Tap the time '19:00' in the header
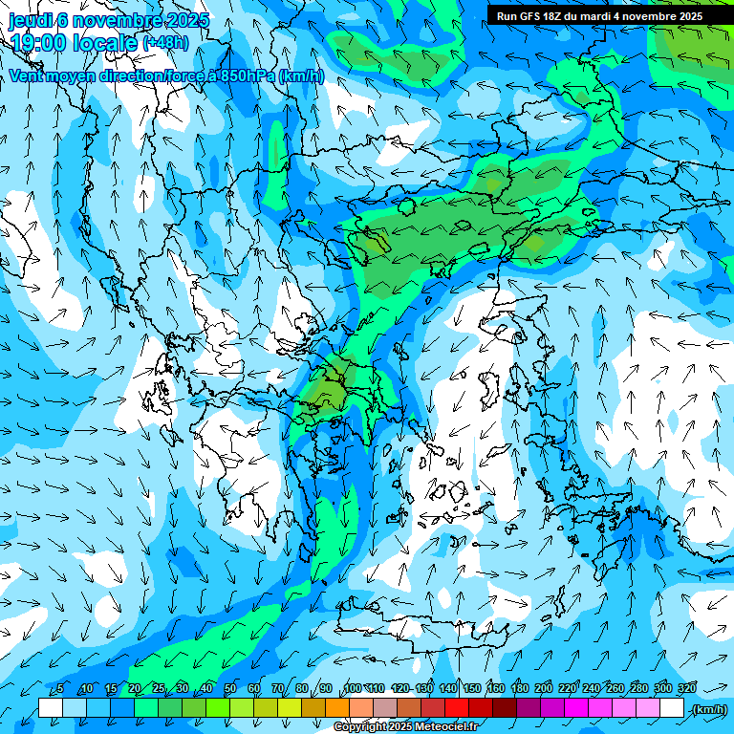pyautogui.click(x=38, y=42)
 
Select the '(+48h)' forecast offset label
pyautogui.click(x=165, y=42)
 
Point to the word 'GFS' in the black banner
pyautogui.click(x=532, y=16)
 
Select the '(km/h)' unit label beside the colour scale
pyautogui.click(x=708, y=709)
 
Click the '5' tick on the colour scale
pyautogui.click(x=60, y=689)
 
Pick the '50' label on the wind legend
pyautogui.click(x=230, y=689)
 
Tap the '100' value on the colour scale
pyautogui.click(x=353, y=689)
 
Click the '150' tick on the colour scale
pyautogui.click(x=472, y=689)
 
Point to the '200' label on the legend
pyautogui.click(x=544, y=689)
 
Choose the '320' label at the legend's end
pyautogui.click(x=687, y=689)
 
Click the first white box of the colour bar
pyautogui.click(x=51, y=708)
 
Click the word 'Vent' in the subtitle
pyautogui.click(x=25, y=76)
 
